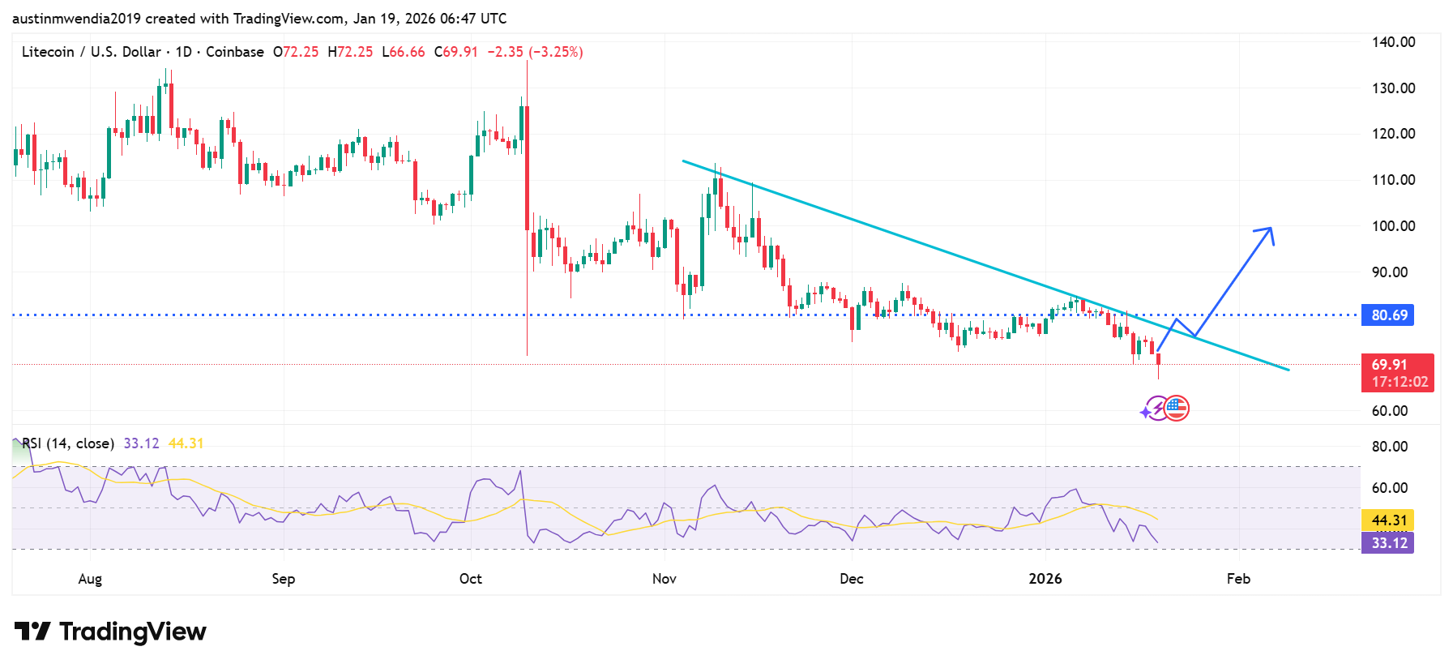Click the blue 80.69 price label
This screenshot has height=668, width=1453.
click(x=1389, y=315)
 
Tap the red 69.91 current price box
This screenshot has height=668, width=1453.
click(x=1397, y=373)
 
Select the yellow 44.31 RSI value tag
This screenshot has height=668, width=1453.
click(x=1389, y=520)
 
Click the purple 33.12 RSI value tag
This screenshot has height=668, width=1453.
click(x=1389, y=543)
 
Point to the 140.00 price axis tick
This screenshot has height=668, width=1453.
click(x=1393, y=42)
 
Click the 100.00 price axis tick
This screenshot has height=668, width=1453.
click(x=1393, y=226)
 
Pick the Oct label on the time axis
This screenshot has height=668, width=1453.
click(x=470, y=579)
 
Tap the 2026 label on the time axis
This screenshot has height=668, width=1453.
click(x=1045, y=579)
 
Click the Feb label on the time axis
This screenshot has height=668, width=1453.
click(x=1237, y=579)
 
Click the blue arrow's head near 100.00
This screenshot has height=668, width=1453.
click(x=1267, y=231)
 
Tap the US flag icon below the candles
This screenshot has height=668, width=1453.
click(x=1176, y=409)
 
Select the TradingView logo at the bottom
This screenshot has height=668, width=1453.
click(x=111, y=632)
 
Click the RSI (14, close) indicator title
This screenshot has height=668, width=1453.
click(x=68, y=443)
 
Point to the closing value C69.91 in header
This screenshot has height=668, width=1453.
click(x=455, y=52)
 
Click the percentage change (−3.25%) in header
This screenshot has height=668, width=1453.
click(x=556, y=52)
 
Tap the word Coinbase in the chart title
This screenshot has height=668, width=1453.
click(x=234, y=52)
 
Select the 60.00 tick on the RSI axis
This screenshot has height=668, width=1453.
click(x=1389, y=488)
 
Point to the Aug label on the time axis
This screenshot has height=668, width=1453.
click(x=90, y=579)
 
